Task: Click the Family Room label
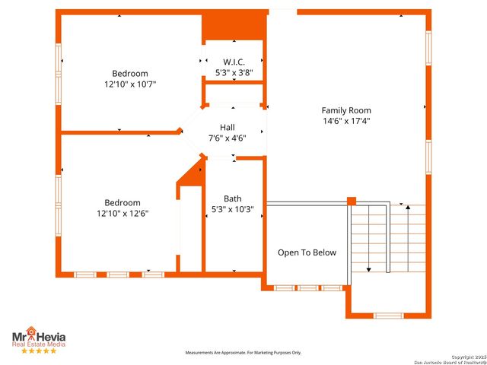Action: (345, 110)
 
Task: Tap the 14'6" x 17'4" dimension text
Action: (345, 120)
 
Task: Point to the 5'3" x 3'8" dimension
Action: (233, 73)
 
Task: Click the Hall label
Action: (228, 128)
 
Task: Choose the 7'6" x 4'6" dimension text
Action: (228, 138)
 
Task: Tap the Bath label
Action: (232, 198)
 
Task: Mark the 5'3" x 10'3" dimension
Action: (232, 209)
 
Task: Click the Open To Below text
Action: (307, 252)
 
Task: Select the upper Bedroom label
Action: (130, 74)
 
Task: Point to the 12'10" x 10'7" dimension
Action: (130, 84)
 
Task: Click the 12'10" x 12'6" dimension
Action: (123, 214)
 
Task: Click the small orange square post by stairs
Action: (352, 202)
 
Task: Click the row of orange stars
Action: (38, 351)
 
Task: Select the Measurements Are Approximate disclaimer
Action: (244, 353)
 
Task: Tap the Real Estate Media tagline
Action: (38, 344)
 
